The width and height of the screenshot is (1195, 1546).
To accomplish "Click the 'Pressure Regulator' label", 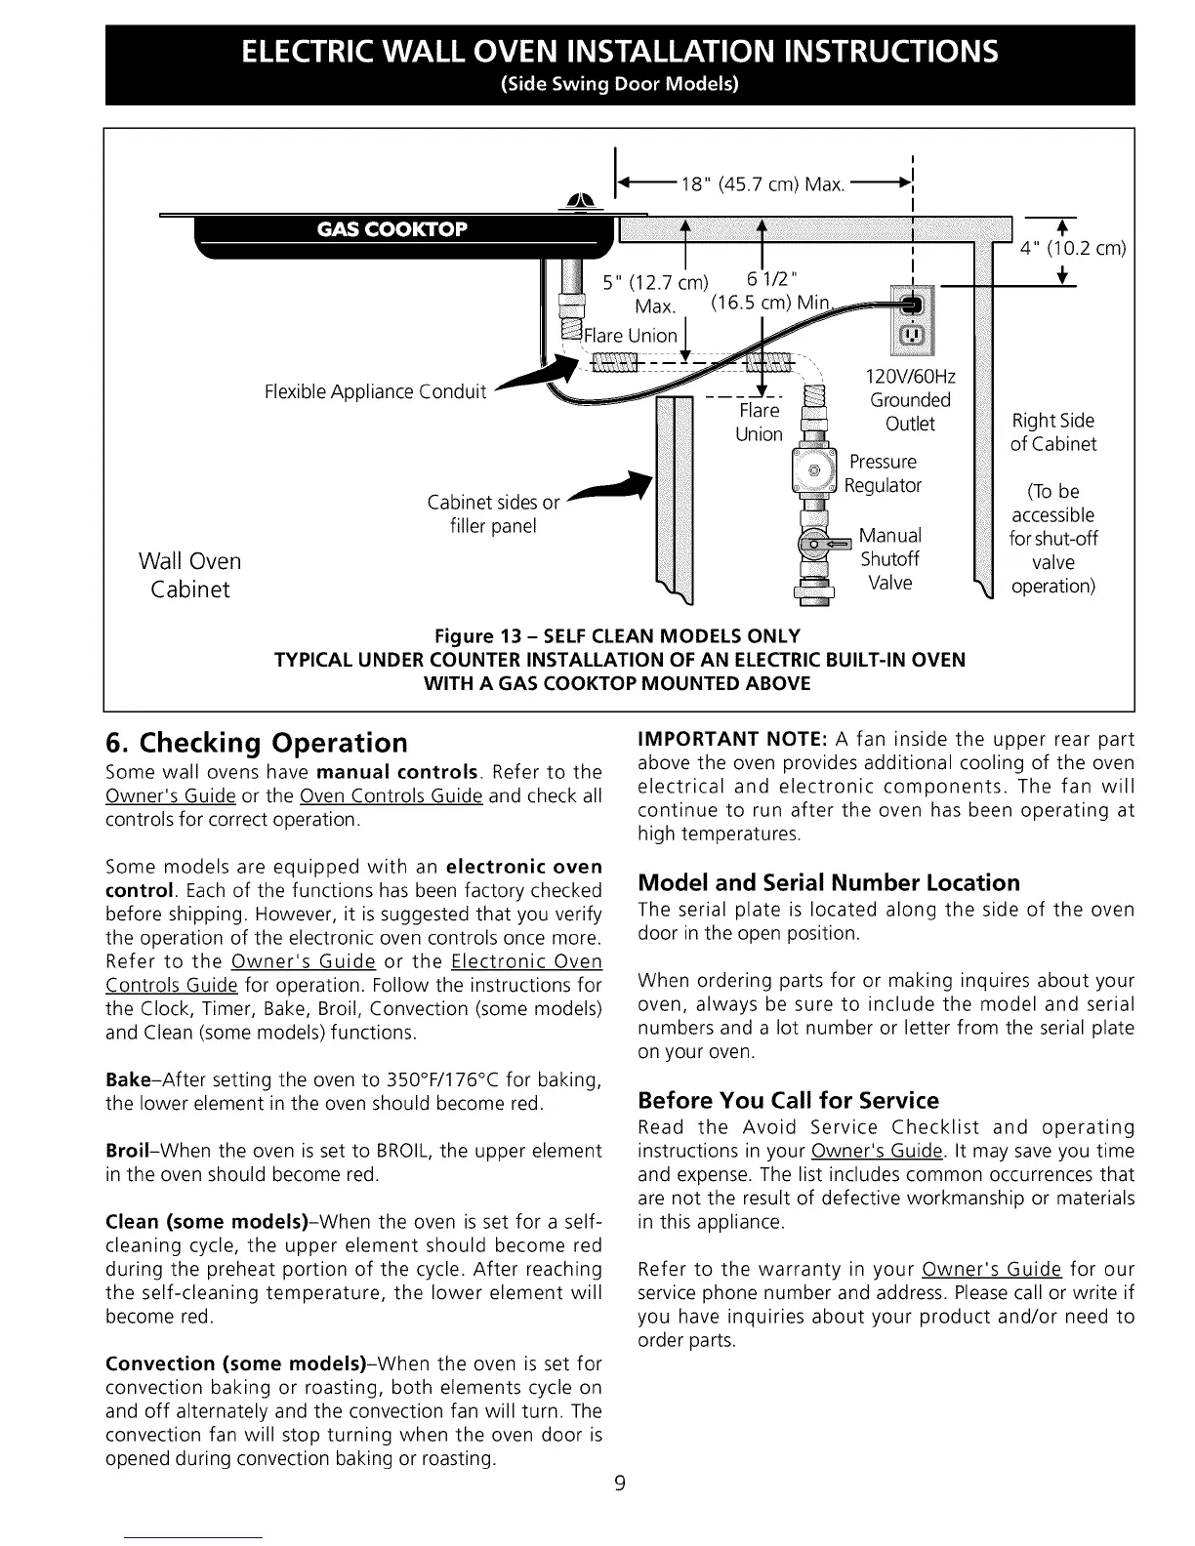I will tap(884, 473).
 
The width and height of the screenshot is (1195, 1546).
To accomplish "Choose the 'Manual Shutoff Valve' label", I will tap(889, 559).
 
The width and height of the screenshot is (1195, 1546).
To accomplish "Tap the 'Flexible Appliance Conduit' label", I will tap(375, 392).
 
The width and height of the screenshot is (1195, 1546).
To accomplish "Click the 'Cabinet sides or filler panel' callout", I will tap(493, 514).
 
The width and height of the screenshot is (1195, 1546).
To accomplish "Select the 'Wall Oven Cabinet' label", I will tap(189, 575).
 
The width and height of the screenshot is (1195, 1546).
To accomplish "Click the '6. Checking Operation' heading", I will tap(256, 743).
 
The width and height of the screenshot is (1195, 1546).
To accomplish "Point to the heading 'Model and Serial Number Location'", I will tap(828, 883).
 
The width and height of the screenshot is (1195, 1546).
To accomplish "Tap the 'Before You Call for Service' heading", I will tap(788, 1101).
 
